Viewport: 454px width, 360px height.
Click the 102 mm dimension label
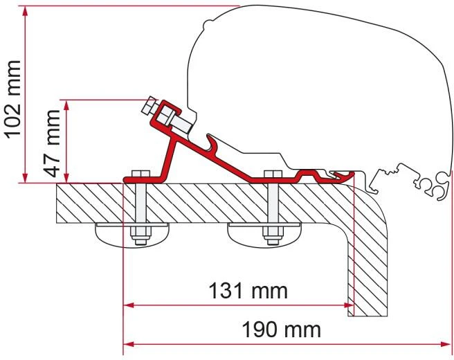(x=14, y=100)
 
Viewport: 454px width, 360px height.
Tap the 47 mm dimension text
(x=53, y=143)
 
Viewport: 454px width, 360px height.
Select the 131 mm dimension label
(x=248, y=291)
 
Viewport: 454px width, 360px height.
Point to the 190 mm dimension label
(x=281, y=330)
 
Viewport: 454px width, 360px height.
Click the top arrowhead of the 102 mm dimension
(x=25, y=11)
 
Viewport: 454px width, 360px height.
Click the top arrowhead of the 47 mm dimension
(x=66, y=105)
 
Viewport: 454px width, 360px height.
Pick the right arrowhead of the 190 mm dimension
(x=446, y=344)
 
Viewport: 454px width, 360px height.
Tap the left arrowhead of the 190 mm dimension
(x=129, y=344)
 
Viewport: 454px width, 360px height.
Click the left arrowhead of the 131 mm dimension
(x=129, y=305)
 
